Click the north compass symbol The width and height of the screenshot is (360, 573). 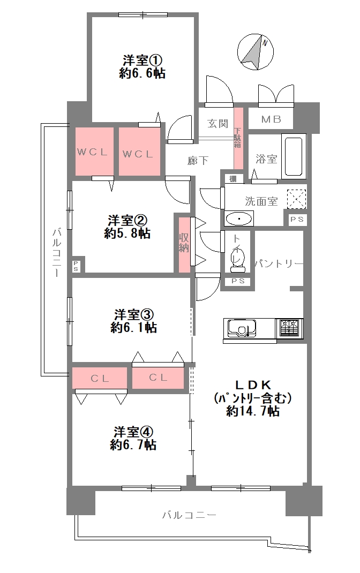pyautogui.click(x=256, y=52)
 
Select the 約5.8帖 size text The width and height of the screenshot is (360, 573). pyautogui.click(x=127, y=233)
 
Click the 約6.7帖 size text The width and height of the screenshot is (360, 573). pyautogui.click(x=133, y=444)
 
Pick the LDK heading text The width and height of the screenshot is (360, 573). pyautogui.click(x=252, y=384)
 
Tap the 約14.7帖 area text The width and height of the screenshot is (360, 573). pyautogui.click(x=252, y=411)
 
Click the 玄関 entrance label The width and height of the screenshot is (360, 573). pyautogui.click(x=217, y=124)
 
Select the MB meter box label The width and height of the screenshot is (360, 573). pyautogui.click(x=271, y=119)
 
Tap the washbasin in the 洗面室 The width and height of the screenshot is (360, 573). pyautogui.click(x=239, y=219)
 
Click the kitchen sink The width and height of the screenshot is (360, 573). pyautogui.click(x=242, y=328)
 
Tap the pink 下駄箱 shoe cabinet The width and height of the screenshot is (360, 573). pyautogui.click(x=238, y=139)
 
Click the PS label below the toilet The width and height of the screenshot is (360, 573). pyautogui.click(x=237, y=281)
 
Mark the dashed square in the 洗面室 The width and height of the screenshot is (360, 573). pyautogui.click(x=296, y=199)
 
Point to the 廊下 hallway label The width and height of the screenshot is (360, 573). pyautogui.click(x=198, y=160)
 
